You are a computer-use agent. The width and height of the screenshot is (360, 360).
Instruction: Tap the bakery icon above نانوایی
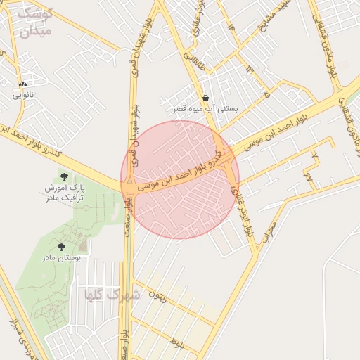(x=23, y=83)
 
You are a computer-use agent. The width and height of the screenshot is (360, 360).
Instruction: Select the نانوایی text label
(x=23, y=94)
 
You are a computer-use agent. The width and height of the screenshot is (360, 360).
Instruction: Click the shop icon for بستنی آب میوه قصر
(x=205, y=98)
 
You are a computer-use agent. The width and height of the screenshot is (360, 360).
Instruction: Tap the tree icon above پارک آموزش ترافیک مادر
(x=65, y=176)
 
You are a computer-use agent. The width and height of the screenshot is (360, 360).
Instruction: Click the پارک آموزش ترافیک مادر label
(x=65, y=194)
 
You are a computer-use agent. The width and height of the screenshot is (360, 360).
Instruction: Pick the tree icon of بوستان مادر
(x=62, y=247)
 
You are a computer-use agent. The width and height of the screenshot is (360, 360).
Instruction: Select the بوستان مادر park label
(x=62, y=258)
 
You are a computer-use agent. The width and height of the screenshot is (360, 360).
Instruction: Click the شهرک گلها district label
(x=112, y=295)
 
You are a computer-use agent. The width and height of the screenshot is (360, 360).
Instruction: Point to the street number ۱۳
(x=249, y=69)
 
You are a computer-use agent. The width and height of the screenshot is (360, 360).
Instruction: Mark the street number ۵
(x=266, y=92)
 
